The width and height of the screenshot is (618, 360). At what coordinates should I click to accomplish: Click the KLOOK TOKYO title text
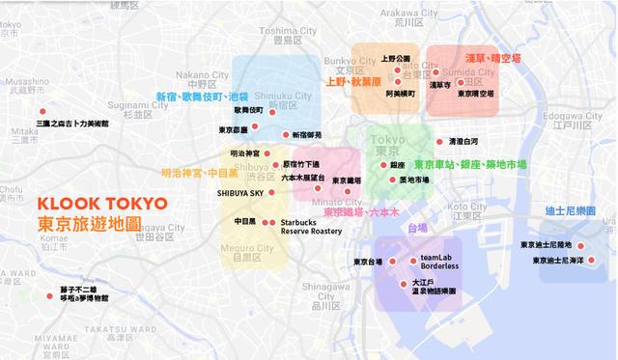pyautogui.click(x=101, y=205)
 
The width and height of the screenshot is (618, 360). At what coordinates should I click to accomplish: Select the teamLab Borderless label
pyautogui.click(x=439, y=263)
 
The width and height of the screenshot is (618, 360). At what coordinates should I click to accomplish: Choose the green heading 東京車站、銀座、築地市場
pyautogui.click(x=469, y=165)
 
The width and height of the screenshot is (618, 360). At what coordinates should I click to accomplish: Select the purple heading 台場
pyautogui.click(x=416, y=229)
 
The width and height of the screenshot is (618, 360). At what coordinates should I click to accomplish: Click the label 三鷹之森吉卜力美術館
pyautogui.click(x=72, y=125)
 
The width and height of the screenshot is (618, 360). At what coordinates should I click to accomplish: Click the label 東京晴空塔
pyautogui.click(x=475, y=94)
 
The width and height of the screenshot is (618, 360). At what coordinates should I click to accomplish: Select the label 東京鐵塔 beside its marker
pyautogui.click(x=346, y=180)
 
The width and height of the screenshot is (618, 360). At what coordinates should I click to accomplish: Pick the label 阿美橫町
pyautogui.click(x=400, y=94)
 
